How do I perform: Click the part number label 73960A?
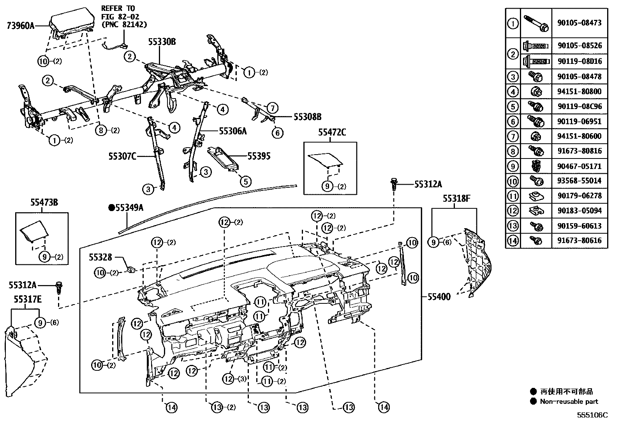tap(21, 26)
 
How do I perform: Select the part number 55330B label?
tap(162, 42)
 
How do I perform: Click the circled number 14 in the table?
tap(513, 241)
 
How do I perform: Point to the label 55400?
tap(439, 297)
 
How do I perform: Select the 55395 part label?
tap(259, 157)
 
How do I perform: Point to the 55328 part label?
tap(100, 257)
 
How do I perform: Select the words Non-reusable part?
tap(569, 402)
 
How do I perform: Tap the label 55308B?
tap(307, 116)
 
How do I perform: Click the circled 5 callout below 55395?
tap(246, 181)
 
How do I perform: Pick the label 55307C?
tap(122, 157)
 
